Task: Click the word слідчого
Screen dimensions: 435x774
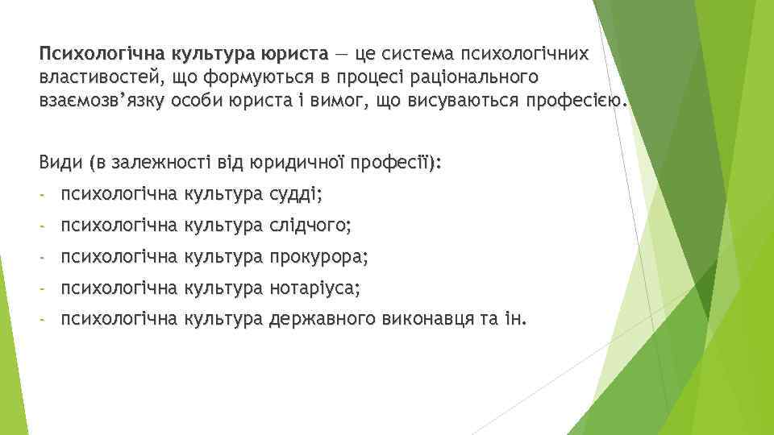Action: pos(310,226)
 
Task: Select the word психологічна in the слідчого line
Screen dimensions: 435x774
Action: pos(119,226)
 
